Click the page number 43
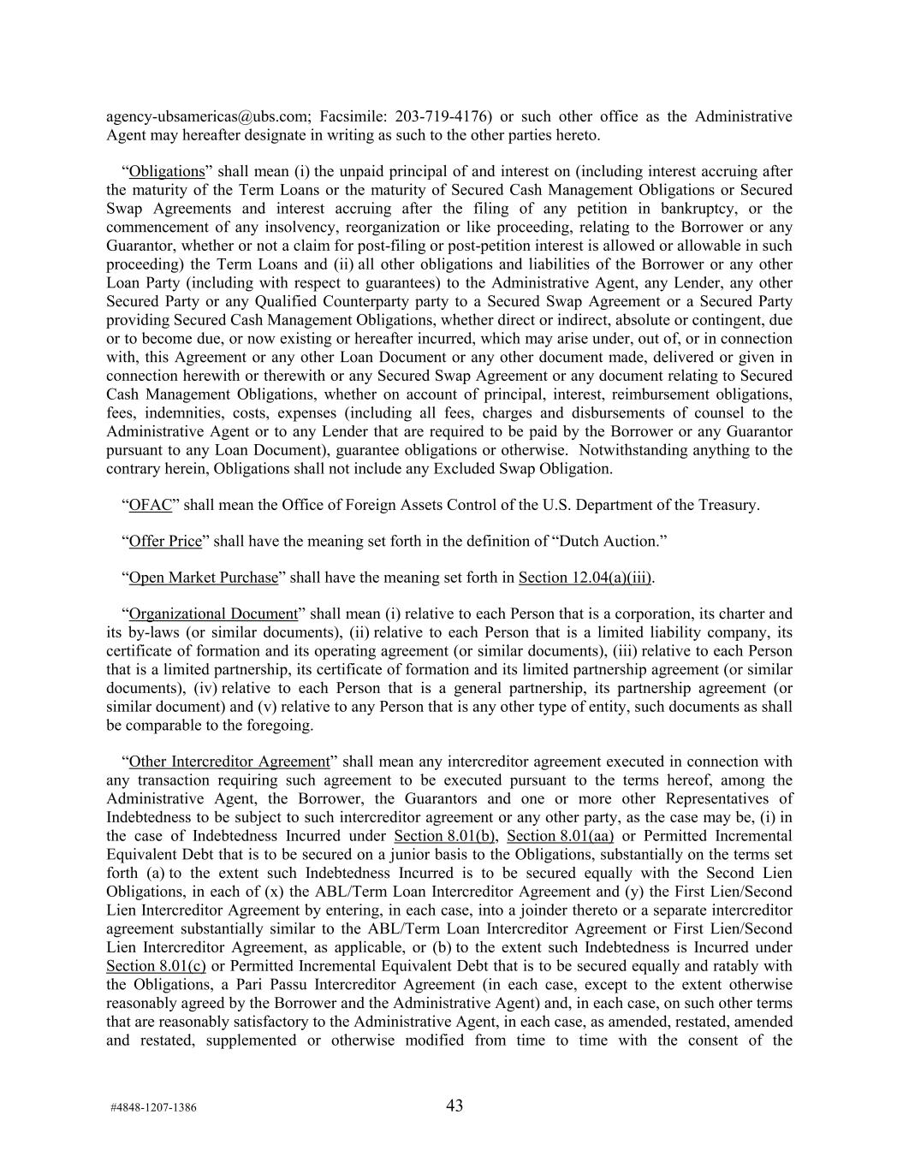tap(454, 1106)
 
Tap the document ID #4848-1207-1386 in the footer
tap(153, 1107)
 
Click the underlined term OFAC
tap(151, 505)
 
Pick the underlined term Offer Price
tap(165, 542)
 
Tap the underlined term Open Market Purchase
tap(204, 578)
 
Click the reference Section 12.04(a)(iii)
tap(585, 578)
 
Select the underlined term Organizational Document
tap(213, 614)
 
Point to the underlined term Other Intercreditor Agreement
tap(229, 762)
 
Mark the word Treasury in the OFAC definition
tap(727, 505)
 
